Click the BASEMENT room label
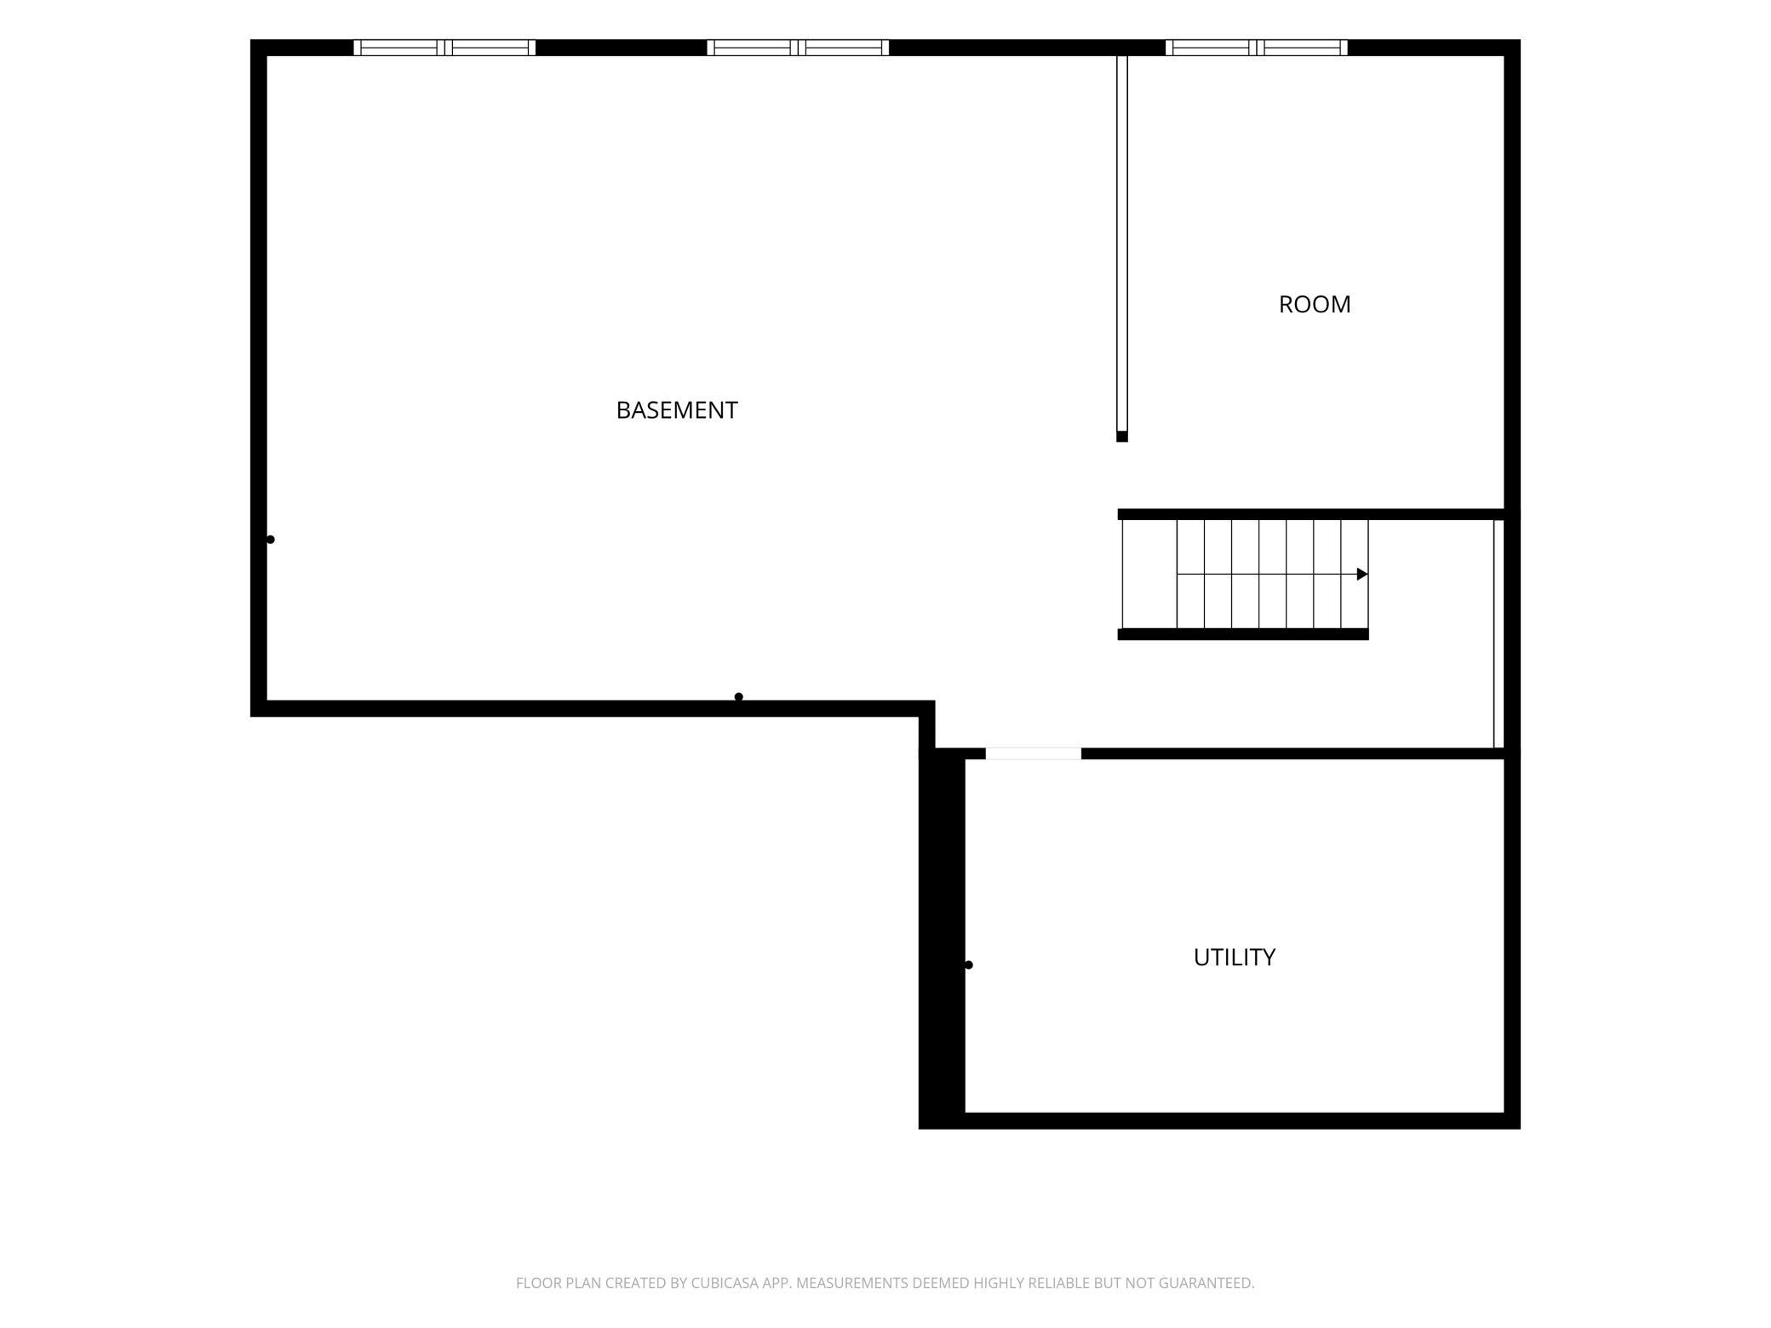tap(677, 410)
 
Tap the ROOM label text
tap(1315, 305)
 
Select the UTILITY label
tap(1235, 958)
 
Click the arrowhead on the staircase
tap(1362, 575)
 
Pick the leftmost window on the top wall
tap(444, 48)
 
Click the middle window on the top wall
tap(798, 48)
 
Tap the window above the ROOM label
tap(1257, 48)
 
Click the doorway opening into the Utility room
tap(1034, 753)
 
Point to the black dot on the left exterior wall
tap(271, 540)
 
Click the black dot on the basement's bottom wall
tap(739, 697)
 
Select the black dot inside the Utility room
tap(969, 965)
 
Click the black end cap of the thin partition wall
tap(1122, 437)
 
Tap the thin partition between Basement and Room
tap(1122, 243)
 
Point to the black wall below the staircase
tap(1243, 634)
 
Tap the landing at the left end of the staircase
tap(1149, 575)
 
